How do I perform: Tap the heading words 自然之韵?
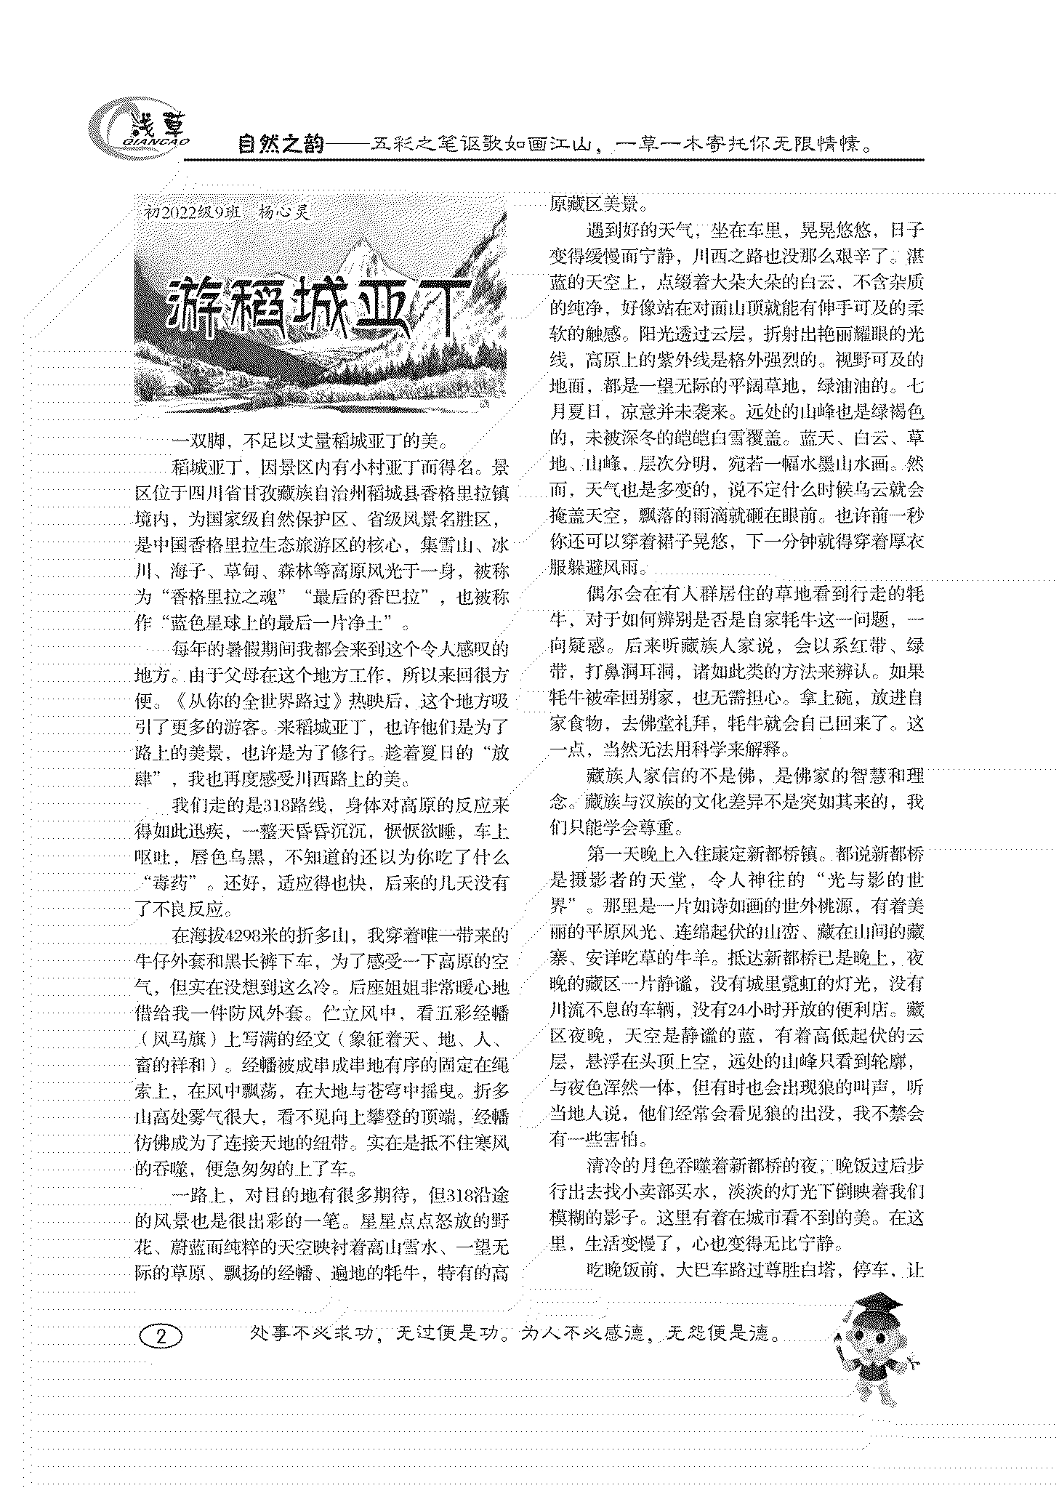pyautogui.click(x=281, y=144)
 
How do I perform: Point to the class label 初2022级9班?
pyautogui.click(x=192, y=212)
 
